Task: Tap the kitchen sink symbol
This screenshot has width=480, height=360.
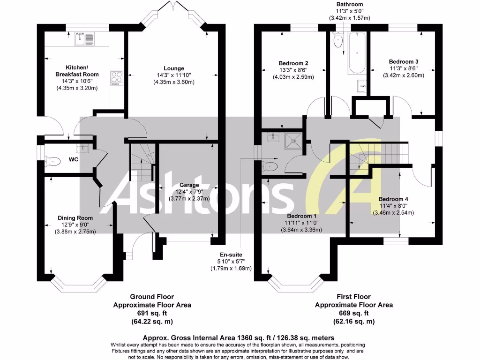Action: [x=84, y=38]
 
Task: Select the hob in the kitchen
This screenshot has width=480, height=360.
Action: [x=115, y=77]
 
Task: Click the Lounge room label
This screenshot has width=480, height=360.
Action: [x=173, y=68]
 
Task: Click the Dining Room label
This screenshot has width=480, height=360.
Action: [x=75, y=218]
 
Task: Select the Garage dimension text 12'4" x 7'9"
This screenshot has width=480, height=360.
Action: [x=189, y=191]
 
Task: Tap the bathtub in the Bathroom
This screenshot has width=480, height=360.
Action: [x=355, y=54]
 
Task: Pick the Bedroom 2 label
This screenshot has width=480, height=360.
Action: [x=293, y=63]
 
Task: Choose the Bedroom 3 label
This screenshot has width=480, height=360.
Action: [x=404, y=61]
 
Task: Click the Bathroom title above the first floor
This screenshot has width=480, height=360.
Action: [x=350, y=4]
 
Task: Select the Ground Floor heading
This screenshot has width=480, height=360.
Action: [x=152, y=297]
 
